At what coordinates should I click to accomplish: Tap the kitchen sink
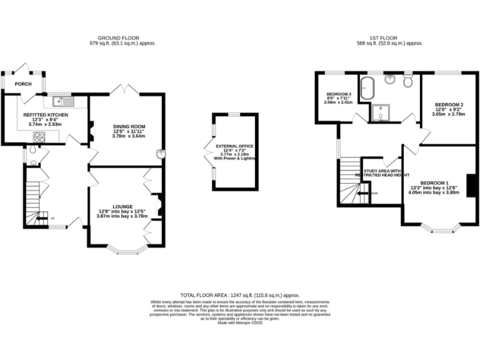[64, 100]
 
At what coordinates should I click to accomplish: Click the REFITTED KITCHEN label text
[46, 115]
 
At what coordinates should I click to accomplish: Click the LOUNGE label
[122, 206]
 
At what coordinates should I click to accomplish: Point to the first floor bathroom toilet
[408, 81]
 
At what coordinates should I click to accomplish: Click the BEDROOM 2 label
[449, 104]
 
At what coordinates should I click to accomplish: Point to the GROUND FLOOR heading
[122, 37]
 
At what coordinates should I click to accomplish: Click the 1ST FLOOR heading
[389, 37]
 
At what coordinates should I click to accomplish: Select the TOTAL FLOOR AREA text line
[240, 294]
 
